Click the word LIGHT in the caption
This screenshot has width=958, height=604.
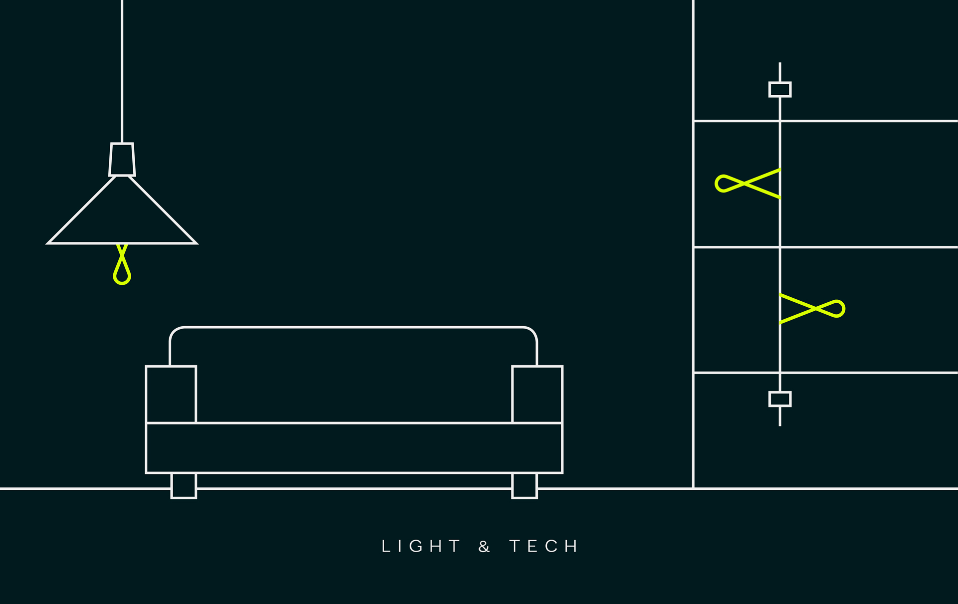pos(420,546)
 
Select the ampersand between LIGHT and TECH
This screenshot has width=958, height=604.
pos(484,547)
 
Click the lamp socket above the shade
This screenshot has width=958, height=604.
pos(122,160)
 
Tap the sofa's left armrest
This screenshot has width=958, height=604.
pos(171,394)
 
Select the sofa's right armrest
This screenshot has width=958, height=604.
pos(537,394)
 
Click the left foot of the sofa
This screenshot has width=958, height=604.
pos(184,485)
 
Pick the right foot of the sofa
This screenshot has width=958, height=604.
pos(524,485)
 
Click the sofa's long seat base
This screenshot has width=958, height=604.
pos(354,448)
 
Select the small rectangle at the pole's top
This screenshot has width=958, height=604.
pos(780,89)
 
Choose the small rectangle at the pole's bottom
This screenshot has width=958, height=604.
pos(780,399)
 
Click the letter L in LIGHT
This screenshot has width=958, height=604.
pos(386,546)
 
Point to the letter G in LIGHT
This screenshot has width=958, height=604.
pos(416,546)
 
